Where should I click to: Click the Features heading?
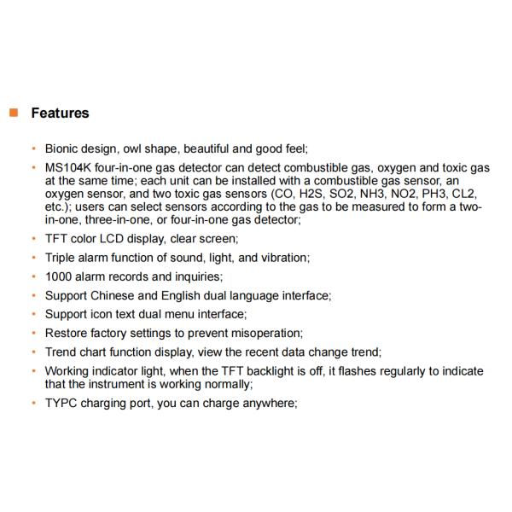(60, 113)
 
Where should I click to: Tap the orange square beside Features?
(13, 113)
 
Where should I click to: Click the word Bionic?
(61, 147)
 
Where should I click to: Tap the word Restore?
(66, 333)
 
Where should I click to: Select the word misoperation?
(265, 333)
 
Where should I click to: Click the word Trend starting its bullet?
(61, 352)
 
